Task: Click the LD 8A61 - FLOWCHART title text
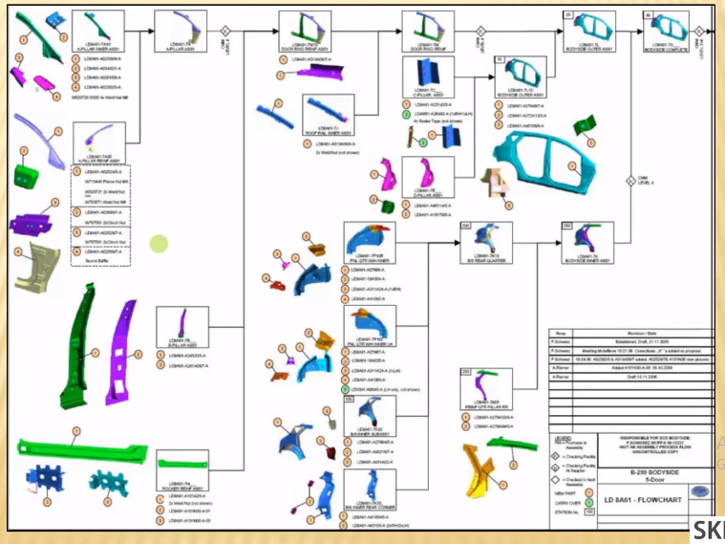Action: (634, 498)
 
